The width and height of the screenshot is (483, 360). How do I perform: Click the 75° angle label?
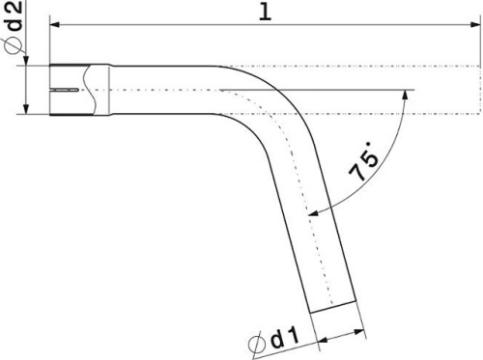pos(364,161)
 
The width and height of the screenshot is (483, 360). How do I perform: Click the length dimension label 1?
pos(265,13)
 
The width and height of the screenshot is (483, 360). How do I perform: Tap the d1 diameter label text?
pos(285,338)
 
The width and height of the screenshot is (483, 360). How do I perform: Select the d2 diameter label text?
pos(14,16)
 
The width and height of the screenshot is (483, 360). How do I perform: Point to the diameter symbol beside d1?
pos(258,345)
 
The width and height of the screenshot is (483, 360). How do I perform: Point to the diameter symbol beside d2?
pos(14,46)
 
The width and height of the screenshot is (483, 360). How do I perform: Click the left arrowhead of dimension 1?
pos(55,25)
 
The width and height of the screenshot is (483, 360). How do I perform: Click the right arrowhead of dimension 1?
pos(475,25)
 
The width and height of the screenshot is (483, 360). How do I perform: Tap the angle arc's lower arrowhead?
pos(313,212)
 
